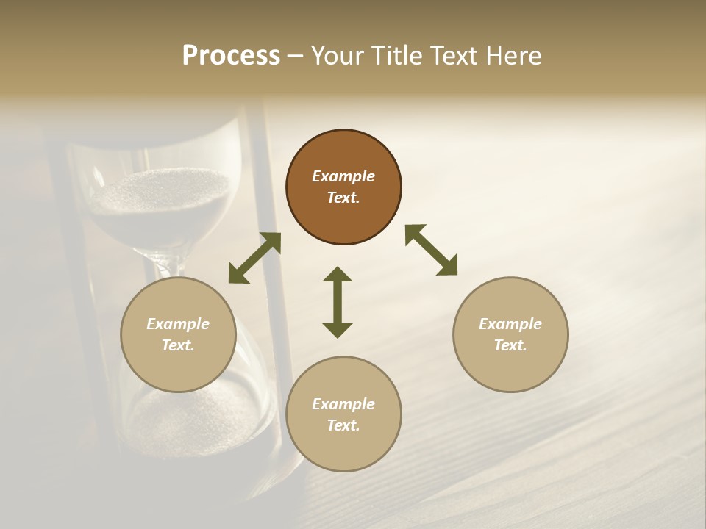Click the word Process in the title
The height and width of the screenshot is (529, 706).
[231, 56]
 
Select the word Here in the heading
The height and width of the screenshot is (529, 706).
[513, 56]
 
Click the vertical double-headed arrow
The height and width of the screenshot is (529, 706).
[338, 302]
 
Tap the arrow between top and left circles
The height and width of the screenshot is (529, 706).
[254, 258]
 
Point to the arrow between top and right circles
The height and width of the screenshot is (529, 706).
[431, 250]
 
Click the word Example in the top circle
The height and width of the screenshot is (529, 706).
[343, 176]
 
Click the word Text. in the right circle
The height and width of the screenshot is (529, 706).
[510, 345]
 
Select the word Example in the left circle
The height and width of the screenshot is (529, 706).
[178, 324]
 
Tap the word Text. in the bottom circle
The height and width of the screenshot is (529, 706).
[343, 425]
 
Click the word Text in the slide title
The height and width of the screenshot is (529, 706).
[451, 56]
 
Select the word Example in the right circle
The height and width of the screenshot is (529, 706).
[510, 324]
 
